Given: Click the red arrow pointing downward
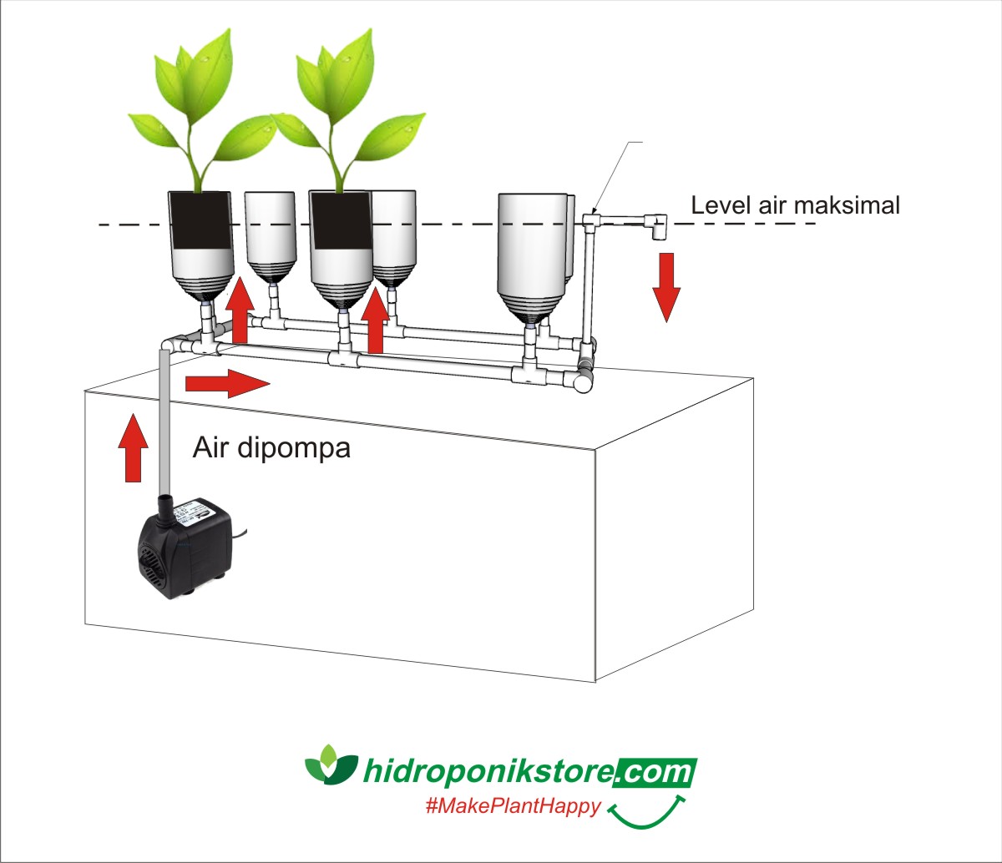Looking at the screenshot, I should [666, 287].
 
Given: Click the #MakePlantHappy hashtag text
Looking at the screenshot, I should [513, 806].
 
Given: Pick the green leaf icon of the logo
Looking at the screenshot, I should [331, 763].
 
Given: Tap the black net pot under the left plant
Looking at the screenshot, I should [200, 220].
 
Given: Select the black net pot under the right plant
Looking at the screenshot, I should [341, 220].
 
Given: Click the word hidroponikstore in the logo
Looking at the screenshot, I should [488, 771].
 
